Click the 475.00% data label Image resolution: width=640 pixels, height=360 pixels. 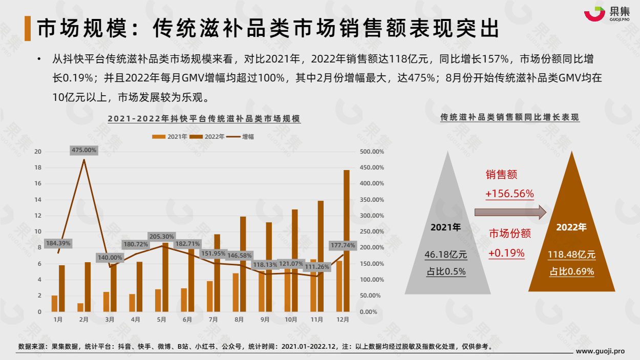pos(84,150)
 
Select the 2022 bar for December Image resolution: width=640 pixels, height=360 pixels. pos(346,241)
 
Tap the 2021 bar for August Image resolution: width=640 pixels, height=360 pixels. pos(236,292)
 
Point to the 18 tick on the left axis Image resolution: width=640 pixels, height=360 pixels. pos(37,167)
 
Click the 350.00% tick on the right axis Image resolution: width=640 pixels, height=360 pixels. pos(372,200)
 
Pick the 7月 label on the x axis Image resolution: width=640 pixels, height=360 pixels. pos(213,320)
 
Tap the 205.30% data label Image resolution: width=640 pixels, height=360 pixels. pos(162,237)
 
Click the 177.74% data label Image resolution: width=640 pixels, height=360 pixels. pos(343,245)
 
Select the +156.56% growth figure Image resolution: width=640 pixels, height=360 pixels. pos(509,194)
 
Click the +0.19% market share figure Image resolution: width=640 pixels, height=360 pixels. pos(506,253)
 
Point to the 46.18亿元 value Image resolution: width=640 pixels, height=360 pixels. pos(446,255)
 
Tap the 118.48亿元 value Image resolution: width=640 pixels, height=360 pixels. pos(571,255)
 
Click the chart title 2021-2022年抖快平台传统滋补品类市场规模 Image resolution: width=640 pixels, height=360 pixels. pos(204,119)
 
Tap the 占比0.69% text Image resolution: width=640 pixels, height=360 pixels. pos(571,271)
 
